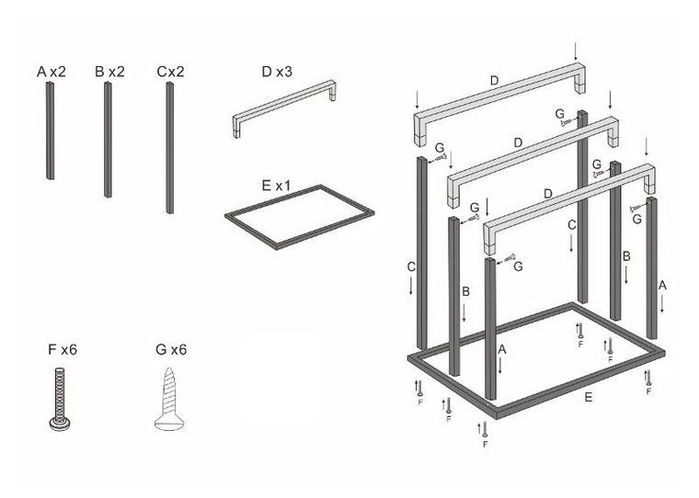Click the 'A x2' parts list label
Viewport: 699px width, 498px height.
coord(51,71)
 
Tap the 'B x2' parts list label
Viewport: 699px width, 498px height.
coord(109,71)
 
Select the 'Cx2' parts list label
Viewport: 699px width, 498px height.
coord(170,71)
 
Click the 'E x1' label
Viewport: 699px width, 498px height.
coord(277,186)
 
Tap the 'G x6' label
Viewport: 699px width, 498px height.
coord(172,349)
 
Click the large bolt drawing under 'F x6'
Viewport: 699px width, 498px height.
coord(63,399)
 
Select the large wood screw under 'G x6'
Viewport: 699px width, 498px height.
coord(169,399)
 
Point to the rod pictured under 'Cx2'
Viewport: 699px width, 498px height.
coord(170,147)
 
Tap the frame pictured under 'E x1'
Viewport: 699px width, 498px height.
coord(298,216)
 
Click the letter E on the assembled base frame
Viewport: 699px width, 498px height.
coord(589,397)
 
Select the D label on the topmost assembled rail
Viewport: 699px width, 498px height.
coord(494,82)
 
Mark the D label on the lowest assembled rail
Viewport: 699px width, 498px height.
coord(547,194)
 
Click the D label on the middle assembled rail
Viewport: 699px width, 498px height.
coord(518,142)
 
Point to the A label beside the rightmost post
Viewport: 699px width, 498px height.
coord(662,286)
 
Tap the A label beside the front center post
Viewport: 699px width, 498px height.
coord(501,350)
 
